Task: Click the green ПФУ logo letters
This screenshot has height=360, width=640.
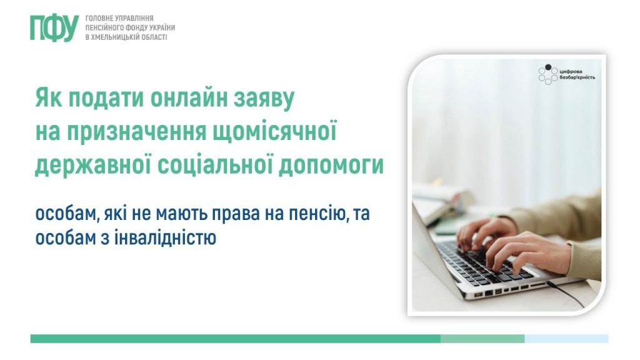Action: (54, 28)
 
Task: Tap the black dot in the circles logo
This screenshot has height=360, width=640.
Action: (548, 67)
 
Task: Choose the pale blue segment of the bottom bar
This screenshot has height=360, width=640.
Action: (566, 338)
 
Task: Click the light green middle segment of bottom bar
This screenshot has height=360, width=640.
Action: (482, 338)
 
